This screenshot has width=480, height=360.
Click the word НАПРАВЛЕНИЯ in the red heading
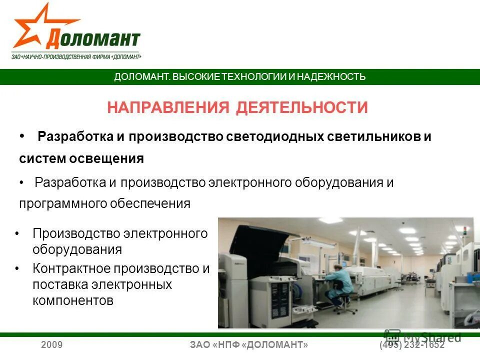click(x=169, y=107)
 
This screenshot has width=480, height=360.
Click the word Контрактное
click(x=71, y=268)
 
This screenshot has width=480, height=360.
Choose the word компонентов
click(x=73, y=300)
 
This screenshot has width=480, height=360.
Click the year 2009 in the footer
click(x=51, y=345)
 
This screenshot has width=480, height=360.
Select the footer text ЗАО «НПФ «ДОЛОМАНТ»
click(x=249, y=345)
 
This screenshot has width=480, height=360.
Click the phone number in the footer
click(x=412, y=345)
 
